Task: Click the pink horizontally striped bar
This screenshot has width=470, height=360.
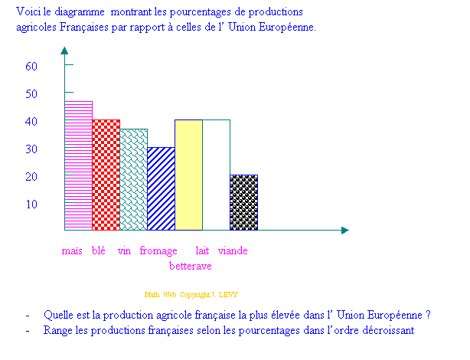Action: [x=78, y=165]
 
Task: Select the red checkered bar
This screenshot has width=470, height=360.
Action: [x=106, y=175]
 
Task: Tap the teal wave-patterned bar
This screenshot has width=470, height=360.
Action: [x=133, y=179]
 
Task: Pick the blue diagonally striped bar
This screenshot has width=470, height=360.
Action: [x=161, y=188]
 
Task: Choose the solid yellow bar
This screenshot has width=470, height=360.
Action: [x=188, y=175]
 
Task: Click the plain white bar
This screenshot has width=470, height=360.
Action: [x=216, y=175]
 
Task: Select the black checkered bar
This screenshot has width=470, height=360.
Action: [x=243, y=202]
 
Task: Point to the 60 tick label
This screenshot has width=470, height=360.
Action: [x=31, y=66]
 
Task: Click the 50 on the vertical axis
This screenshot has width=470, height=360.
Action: [x=31, y=93]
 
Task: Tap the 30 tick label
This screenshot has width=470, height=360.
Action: [x=31, y=149]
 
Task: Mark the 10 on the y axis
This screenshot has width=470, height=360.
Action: [x=31, y=204]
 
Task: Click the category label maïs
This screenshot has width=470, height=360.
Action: [x=72, y=250]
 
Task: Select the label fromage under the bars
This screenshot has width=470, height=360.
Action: [x=158, y=250]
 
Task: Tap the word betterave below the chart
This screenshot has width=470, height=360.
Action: [x=190, y=266]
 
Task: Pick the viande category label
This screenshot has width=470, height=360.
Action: [x=232, y=250]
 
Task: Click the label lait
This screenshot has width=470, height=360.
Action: [x=202, y=250]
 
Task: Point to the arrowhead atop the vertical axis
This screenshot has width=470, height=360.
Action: [x=64, y=51]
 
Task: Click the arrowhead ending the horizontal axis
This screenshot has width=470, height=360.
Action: [x=344, y=230]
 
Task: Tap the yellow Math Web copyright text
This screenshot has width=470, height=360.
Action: [x=191, y=294]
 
